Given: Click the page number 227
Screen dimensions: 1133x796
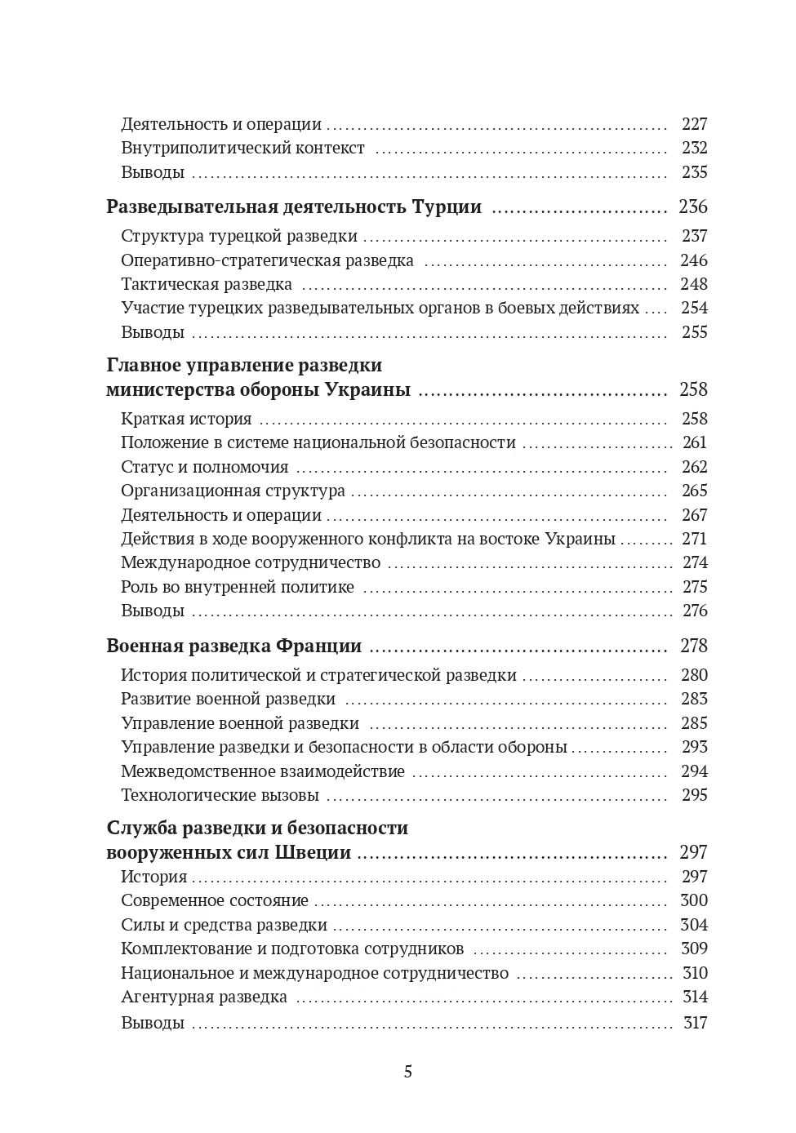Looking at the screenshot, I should pos(694,124).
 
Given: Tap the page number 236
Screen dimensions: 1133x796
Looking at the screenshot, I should pos(692,207).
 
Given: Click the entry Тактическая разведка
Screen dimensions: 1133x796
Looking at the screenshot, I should pos(207,284).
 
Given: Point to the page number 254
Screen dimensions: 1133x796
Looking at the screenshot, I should pos(694,308).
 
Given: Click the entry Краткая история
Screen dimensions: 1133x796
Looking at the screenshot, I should pos(186,419).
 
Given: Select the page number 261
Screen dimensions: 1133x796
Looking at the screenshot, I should pos(694,442).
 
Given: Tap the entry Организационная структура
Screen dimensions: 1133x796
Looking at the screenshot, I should pos(233,491).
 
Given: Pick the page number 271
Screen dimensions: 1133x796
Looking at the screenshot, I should pos(694,539).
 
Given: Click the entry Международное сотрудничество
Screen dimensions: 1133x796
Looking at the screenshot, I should pos(251,562).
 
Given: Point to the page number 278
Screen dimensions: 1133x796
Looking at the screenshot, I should pos(693,646).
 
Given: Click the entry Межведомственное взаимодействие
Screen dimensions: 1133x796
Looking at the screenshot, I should pos(263,771).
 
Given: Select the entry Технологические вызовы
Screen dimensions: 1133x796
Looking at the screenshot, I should pos(220,795).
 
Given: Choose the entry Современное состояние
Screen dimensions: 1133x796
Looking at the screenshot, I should pos(215,900).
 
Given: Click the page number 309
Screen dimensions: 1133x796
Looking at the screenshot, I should pos(694,949).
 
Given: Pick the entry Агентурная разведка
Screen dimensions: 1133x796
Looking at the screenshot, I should pos(204,997).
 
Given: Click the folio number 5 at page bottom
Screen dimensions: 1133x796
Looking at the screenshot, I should pos(408,1072).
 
